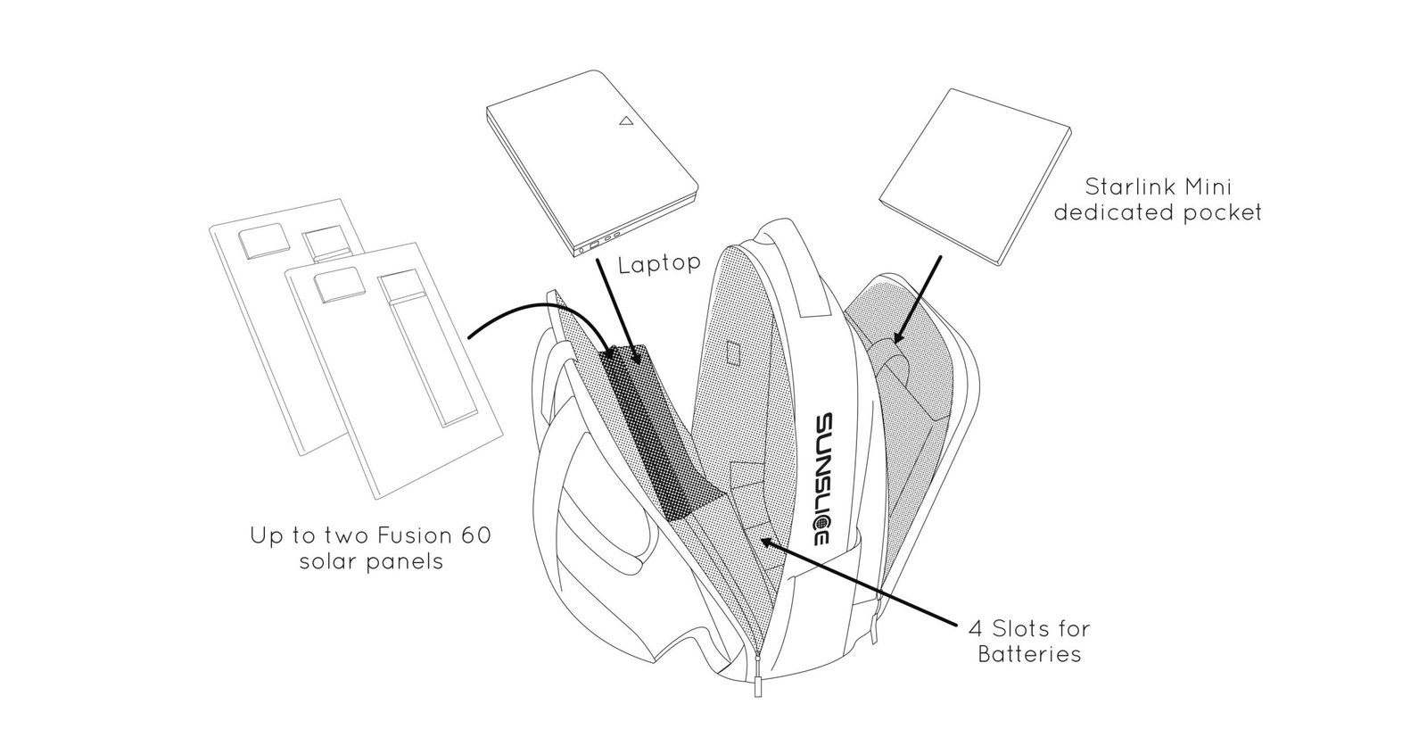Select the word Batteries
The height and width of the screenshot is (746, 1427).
point(1029,654)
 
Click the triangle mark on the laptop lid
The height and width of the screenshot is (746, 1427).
point(628,120)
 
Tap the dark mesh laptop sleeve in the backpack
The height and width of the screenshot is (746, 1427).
point(651,428)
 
